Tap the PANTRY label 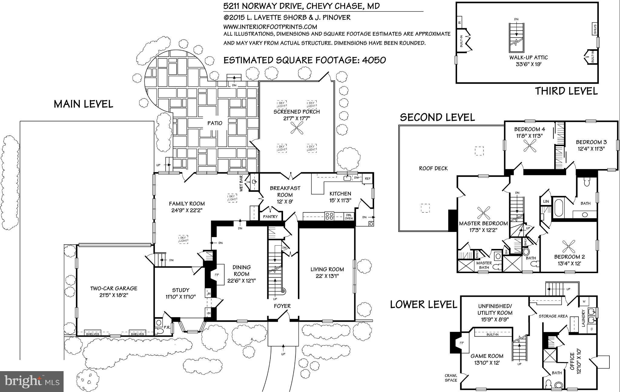[x=270, y=217]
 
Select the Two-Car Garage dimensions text [x=114, y=295]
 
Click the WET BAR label [x=241, y=184]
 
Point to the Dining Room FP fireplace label [x=217, y=275]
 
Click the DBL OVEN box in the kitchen [x=349, y=217]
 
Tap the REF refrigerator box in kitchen [x=368, y=178]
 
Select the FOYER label [x=282, y=306]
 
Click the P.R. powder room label [x=167, y=327]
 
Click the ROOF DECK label [x=433, y=168]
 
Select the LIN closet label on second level [x=546, y=201]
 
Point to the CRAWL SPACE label [x=451, y=378]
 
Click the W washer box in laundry [x=584, y=301]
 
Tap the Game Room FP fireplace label [x=461, y=344]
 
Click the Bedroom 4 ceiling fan [x=530, y=148]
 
